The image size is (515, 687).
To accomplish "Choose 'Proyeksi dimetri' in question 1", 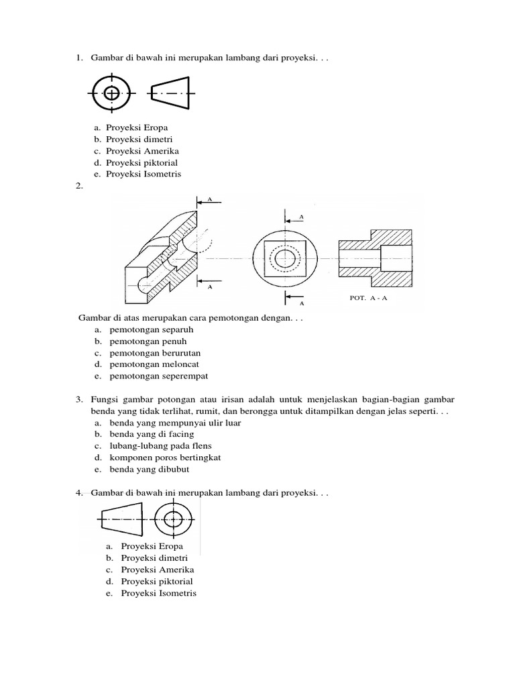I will pos(139,139).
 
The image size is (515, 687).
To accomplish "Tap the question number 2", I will pos(79,186).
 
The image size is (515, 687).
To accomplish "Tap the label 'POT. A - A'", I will pos(368,299).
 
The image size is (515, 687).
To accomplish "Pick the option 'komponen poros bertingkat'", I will pos(165,458).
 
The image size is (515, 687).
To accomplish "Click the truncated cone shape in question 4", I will pos(121,519).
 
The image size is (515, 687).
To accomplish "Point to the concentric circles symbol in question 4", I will pos(174,519).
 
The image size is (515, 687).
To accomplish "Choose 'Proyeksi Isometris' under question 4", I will pos(159,594).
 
